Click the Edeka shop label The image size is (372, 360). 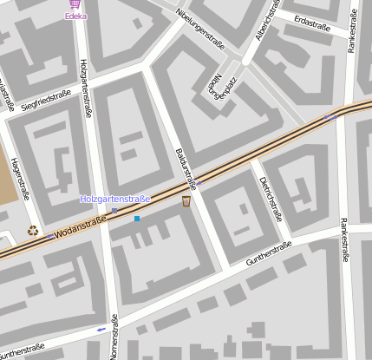(75, 16)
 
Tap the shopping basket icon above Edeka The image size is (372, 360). (75, 4)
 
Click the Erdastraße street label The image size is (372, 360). (313, 19)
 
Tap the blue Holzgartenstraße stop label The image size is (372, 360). (114, 200)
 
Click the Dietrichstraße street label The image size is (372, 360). (271, 197)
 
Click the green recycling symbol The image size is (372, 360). (33, 231)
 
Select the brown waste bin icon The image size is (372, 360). (186, 202)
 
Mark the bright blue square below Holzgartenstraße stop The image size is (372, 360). (137, 219)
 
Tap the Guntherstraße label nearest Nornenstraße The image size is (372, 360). (22, 350)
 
